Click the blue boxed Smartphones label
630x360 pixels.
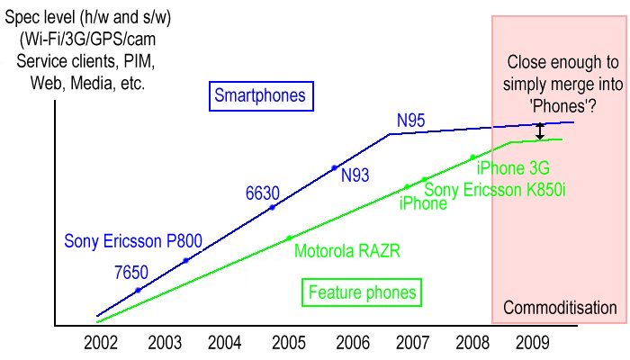pos(259,94)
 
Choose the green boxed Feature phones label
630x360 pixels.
pos(362,292)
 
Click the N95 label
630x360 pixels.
pos(411,119)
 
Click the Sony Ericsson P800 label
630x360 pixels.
pos(133,241)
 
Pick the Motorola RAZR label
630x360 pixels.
pos(346,250)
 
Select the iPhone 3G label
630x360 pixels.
pos(513,168)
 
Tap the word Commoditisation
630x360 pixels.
pos(560,308)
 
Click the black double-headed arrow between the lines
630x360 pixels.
pos(540,131)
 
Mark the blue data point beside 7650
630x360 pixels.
pos(138,290)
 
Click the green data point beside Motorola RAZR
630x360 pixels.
pos(289,238)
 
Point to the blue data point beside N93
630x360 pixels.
pos(334,167)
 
